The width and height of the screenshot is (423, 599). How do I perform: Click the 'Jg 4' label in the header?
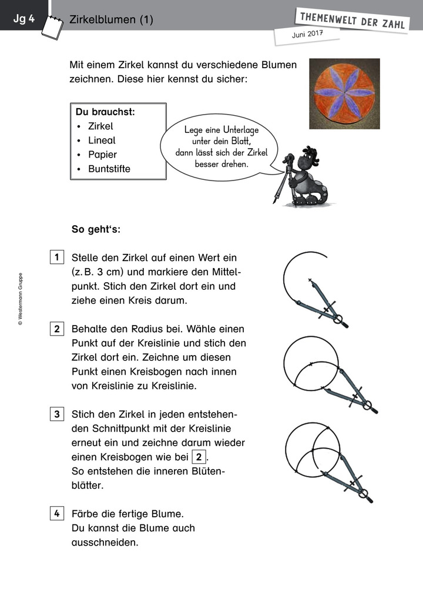coord(24,19)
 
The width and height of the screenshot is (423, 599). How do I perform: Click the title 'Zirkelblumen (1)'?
coord(111,20)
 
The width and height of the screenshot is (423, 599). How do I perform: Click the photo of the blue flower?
coord(344,93)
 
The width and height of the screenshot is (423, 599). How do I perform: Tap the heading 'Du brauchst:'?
coord(105,112)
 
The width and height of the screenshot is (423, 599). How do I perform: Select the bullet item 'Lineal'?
coord(102,140)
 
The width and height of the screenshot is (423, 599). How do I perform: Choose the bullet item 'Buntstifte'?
coord(109,169)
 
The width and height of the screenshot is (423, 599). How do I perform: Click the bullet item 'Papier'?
coord(102,155)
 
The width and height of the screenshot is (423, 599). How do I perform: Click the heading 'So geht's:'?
coord(96,229)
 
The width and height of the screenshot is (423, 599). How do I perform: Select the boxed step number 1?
coord(57,257)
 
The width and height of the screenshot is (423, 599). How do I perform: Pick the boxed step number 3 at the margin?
coord(57,414)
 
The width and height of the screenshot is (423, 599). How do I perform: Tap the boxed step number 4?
coord(57,514)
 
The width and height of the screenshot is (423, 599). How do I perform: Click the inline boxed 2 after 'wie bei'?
coord(200,457)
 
